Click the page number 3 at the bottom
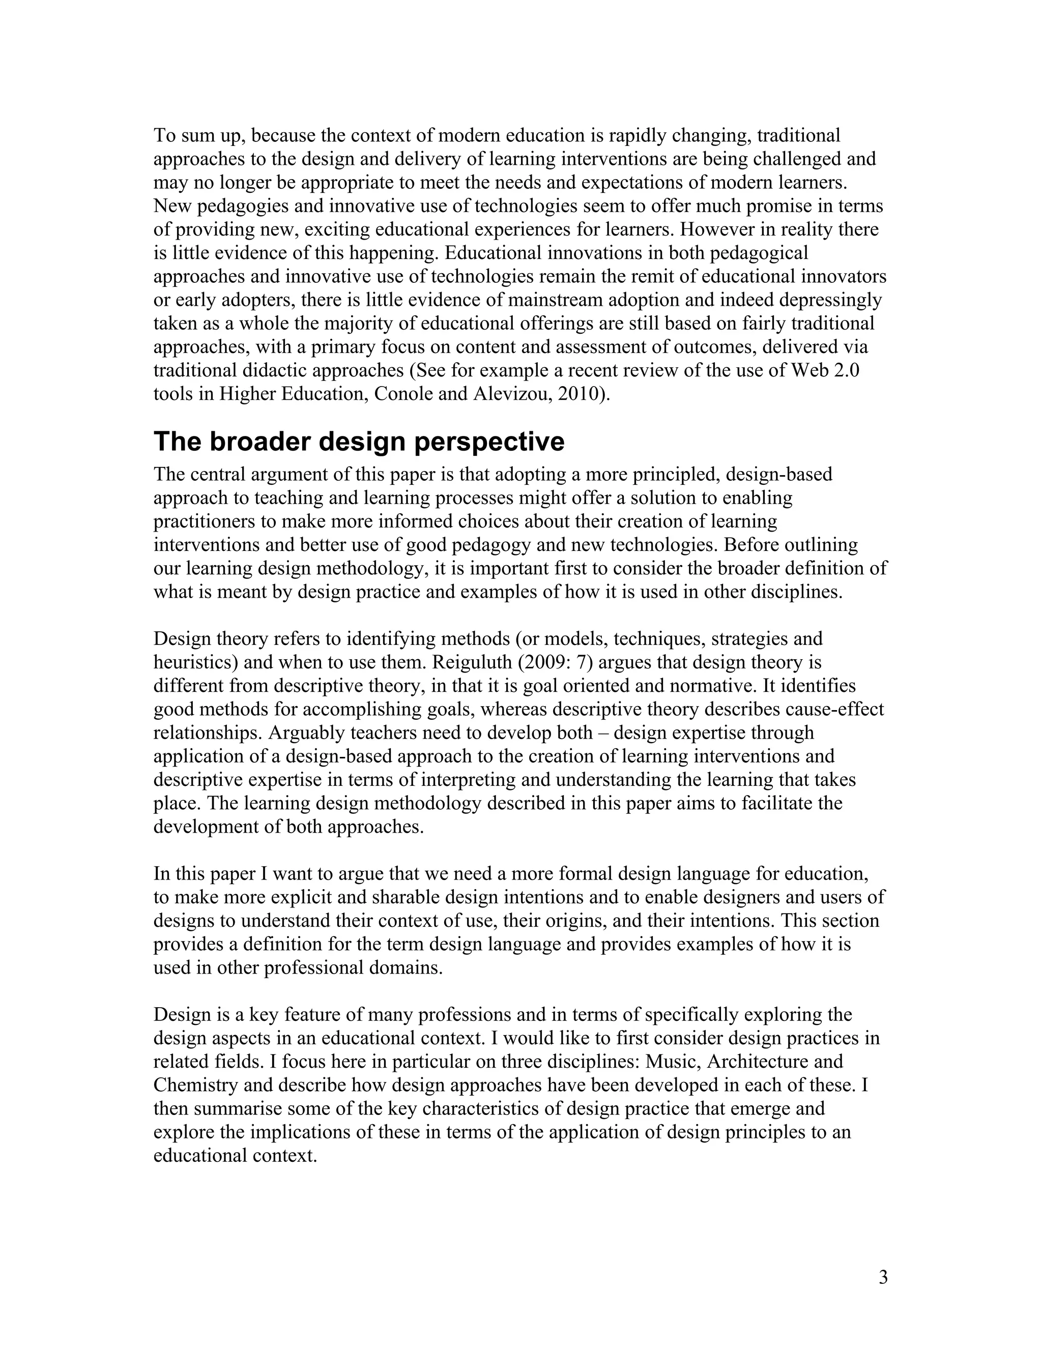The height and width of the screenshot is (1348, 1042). (x=883, y=1277)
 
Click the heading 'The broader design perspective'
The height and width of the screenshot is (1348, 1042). (x=359, y=442)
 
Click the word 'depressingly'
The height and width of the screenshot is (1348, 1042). (x=830, y=300)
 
